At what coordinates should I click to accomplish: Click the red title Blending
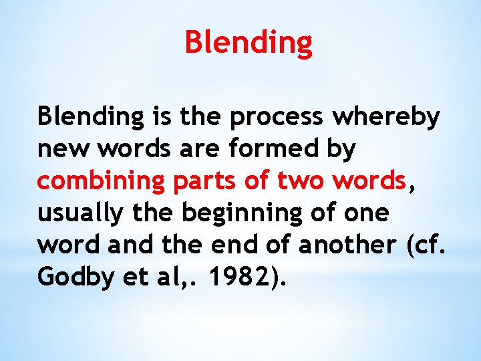249,42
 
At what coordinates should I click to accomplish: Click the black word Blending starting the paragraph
90,118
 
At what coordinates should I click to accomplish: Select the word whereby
387,117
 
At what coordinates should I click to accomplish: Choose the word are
198,150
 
